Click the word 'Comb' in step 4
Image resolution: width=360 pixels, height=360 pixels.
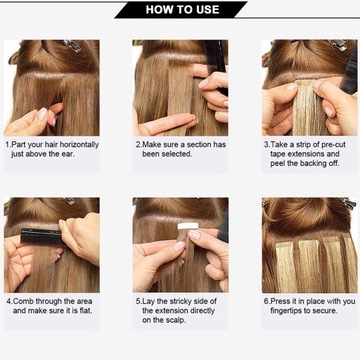pyautogui.click(x=27, y=299)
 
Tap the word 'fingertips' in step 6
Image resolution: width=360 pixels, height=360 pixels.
pyautogui.click(x=290, y=309)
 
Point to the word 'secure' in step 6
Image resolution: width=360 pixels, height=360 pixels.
pyautogui.click(x=334, y=309)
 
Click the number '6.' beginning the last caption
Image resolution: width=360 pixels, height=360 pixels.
pyautogui.click(x=267, y=299)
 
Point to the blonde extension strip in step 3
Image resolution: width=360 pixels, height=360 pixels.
pyautogui.click(x=305, y=105)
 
